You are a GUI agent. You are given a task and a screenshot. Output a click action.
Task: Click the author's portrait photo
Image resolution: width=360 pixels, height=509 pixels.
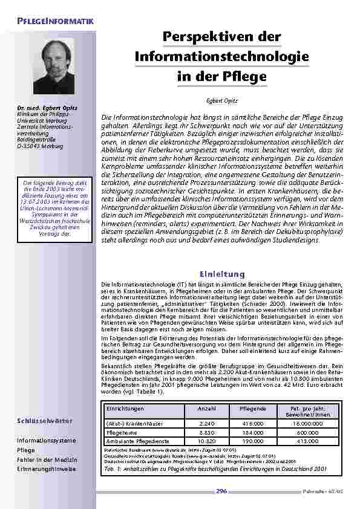click(53, 66)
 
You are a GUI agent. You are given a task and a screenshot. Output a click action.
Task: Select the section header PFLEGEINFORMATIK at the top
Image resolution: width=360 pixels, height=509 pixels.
click(55, 22)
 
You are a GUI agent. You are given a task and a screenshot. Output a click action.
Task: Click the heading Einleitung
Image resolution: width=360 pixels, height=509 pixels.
click(222, 274)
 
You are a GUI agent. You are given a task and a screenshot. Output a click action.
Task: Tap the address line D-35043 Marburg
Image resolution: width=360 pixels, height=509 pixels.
click(39, 146)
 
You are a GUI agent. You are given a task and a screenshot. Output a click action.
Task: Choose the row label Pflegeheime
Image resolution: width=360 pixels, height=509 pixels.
click(122, 433)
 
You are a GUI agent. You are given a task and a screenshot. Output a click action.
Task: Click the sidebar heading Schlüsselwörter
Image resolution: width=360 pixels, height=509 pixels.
click(45, 420)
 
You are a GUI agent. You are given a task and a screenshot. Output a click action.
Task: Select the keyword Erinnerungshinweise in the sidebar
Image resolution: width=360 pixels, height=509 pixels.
click(47, 468)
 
